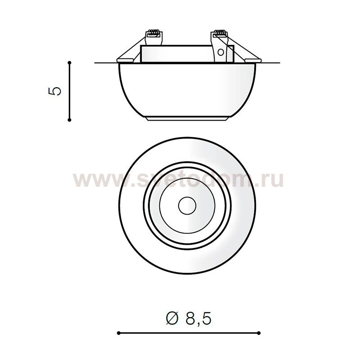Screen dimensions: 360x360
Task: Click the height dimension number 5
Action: tap(55, 91)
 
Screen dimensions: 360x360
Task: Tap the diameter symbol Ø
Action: tap(172, 319)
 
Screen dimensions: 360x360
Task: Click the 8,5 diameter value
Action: tap(198, 319)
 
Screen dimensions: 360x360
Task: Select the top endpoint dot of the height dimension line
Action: tap(70, 63)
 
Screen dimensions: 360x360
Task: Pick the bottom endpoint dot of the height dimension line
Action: tap(70, 120)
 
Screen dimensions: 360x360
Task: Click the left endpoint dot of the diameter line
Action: tap(118, 333)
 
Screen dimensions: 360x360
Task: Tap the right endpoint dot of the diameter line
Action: tap(259, 333)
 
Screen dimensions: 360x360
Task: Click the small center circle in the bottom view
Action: tap(187, 205)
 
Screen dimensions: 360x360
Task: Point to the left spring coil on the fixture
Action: tap(154, 33)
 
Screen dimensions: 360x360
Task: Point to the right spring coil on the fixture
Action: tap(220, 33)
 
